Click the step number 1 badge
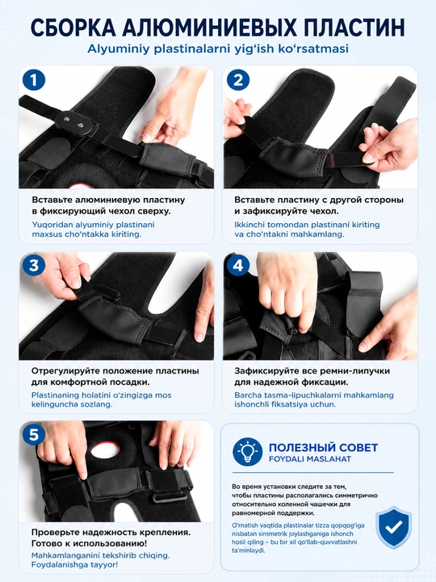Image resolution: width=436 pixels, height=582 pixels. pos(34,80)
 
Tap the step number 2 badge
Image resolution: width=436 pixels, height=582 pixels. pos(238,80)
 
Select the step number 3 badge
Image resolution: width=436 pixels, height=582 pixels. pos(34,265)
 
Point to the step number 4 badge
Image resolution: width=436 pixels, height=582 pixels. pos(238,265)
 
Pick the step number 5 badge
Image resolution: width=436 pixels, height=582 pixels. pos(34,434)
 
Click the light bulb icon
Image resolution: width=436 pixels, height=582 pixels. pos(248,452)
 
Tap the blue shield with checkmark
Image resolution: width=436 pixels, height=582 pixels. pos(393,527)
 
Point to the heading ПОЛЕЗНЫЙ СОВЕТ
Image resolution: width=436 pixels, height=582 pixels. pos(323,447)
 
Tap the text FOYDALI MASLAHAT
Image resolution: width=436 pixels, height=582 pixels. pos(310,459)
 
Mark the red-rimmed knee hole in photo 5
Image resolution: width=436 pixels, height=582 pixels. pos(105,450)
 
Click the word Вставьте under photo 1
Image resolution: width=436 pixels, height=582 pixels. pos(52,200)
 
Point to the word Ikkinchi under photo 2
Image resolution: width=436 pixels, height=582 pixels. pos(249,225)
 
